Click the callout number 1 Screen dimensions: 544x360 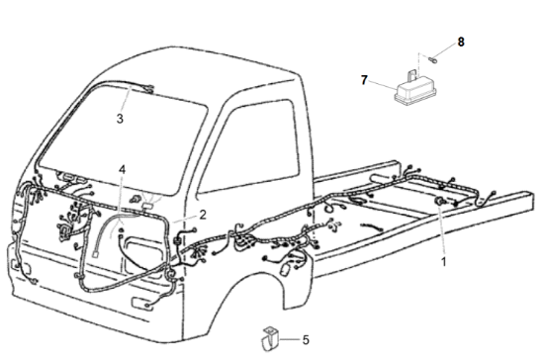coord(444,262)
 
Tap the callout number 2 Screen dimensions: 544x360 coord(203,215)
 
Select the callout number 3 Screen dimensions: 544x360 coord(120,119)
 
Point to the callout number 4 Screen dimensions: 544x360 coord(122,169)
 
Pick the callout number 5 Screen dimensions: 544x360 coord(306,340)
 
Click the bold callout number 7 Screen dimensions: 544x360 coord(364,80)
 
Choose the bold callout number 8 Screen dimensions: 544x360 coord(461,42)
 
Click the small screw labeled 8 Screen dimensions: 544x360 coord(433,59)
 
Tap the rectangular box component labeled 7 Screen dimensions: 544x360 coord(412,91)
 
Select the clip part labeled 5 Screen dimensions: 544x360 coord(270,339)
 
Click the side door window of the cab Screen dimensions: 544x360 coord(250,147)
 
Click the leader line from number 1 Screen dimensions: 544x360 coord(442,231)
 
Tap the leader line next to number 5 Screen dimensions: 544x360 coord(290,339)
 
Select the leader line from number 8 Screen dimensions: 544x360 coord(445,51)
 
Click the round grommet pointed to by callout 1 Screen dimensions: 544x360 coord(440,201)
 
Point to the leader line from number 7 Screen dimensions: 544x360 coord(383,85)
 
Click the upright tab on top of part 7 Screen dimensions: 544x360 coord(411,75)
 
